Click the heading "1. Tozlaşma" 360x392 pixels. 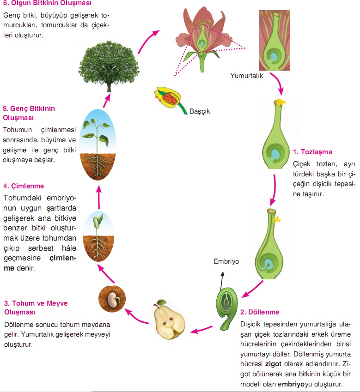pyautogui.click(x=312, y=152)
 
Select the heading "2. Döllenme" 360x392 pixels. pyautogui.click(x=260, y=313)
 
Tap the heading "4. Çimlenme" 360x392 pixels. pyautogui.click(x=23, y=187)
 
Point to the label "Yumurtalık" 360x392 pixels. pyautogui.click(x=247, y=76)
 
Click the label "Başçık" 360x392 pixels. pyautogui.click(x=200, y=111)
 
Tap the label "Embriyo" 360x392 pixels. pyautogui.click(x=226, y=261)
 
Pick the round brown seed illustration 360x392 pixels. pyautogui.click(x=110, y=299)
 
